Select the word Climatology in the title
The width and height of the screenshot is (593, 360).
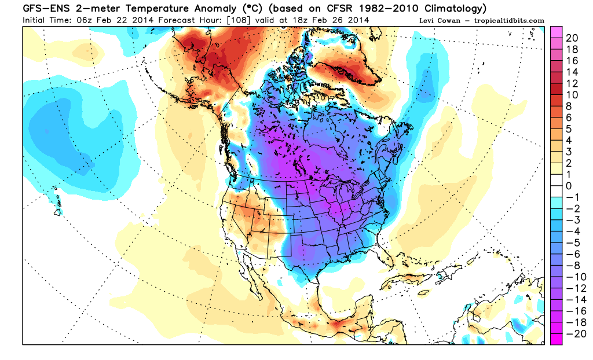[x=452, y=8]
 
